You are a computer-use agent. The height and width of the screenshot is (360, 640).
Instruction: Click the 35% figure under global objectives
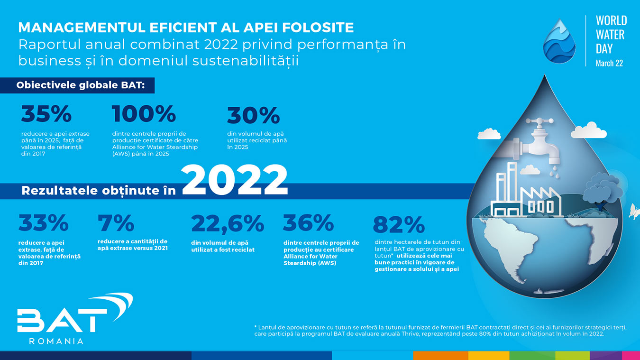[x=46, y=113]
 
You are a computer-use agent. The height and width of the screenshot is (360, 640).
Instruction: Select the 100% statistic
[x=144, y=113]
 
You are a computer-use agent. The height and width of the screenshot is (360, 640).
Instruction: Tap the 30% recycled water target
[x=254, y=115]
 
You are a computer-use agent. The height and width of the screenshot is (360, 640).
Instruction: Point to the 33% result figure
[x=44, y=222]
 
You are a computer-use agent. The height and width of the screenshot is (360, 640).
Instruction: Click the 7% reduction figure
[x=116, y=222]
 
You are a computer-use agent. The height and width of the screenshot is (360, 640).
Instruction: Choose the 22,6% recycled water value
[x=228, y=223]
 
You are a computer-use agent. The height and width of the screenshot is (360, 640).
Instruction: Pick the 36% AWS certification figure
[x=308, y=222]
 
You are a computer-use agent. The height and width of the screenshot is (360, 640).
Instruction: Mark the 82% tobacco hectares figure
[x=399, y=225]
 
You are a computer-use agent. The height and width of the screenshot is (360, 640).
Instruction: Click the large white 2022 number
[x=234, y=180]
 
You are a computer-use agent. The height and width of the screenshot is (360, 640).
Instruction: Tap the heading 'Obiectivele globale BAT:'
[x=81, y=85]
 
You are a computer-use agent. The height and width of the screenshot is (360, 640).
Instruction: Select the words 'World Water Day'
[x=611, y=35]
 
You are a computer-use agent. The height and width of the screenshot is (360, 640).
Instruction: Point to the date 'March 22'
[x=609, y=63]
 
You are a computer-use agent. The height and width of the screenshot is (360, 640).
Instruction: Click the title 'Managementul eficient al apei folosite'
[x=186, y=28]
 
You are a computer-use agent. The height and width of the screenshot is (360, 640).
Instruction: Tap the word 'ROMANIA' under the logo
[x=56, y=341]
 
